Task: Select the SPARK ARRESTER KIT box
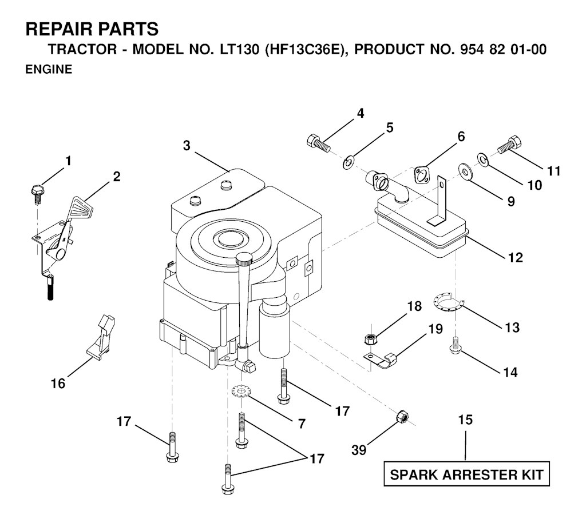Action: pyautogui.click(x=466, y=474)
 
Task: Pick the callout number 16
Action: pyautogui.click(x=58, y=383)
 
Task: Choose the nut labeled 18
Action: pyautogui.click(x=369, y=338)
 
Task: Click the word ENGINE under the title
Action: pyautogui.click(x=48, y=70)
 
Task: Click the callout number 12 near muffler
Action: pyautogui.click(x=515, y=257)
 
